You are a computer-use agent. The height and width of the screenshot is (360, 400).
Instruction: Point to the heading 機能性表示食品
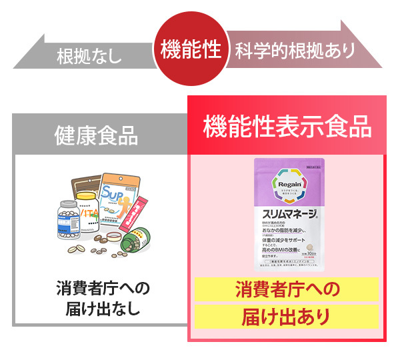point(286,125)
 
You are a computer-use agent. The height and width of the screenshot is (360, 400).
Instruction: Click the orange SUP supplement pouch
point(121,199)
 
